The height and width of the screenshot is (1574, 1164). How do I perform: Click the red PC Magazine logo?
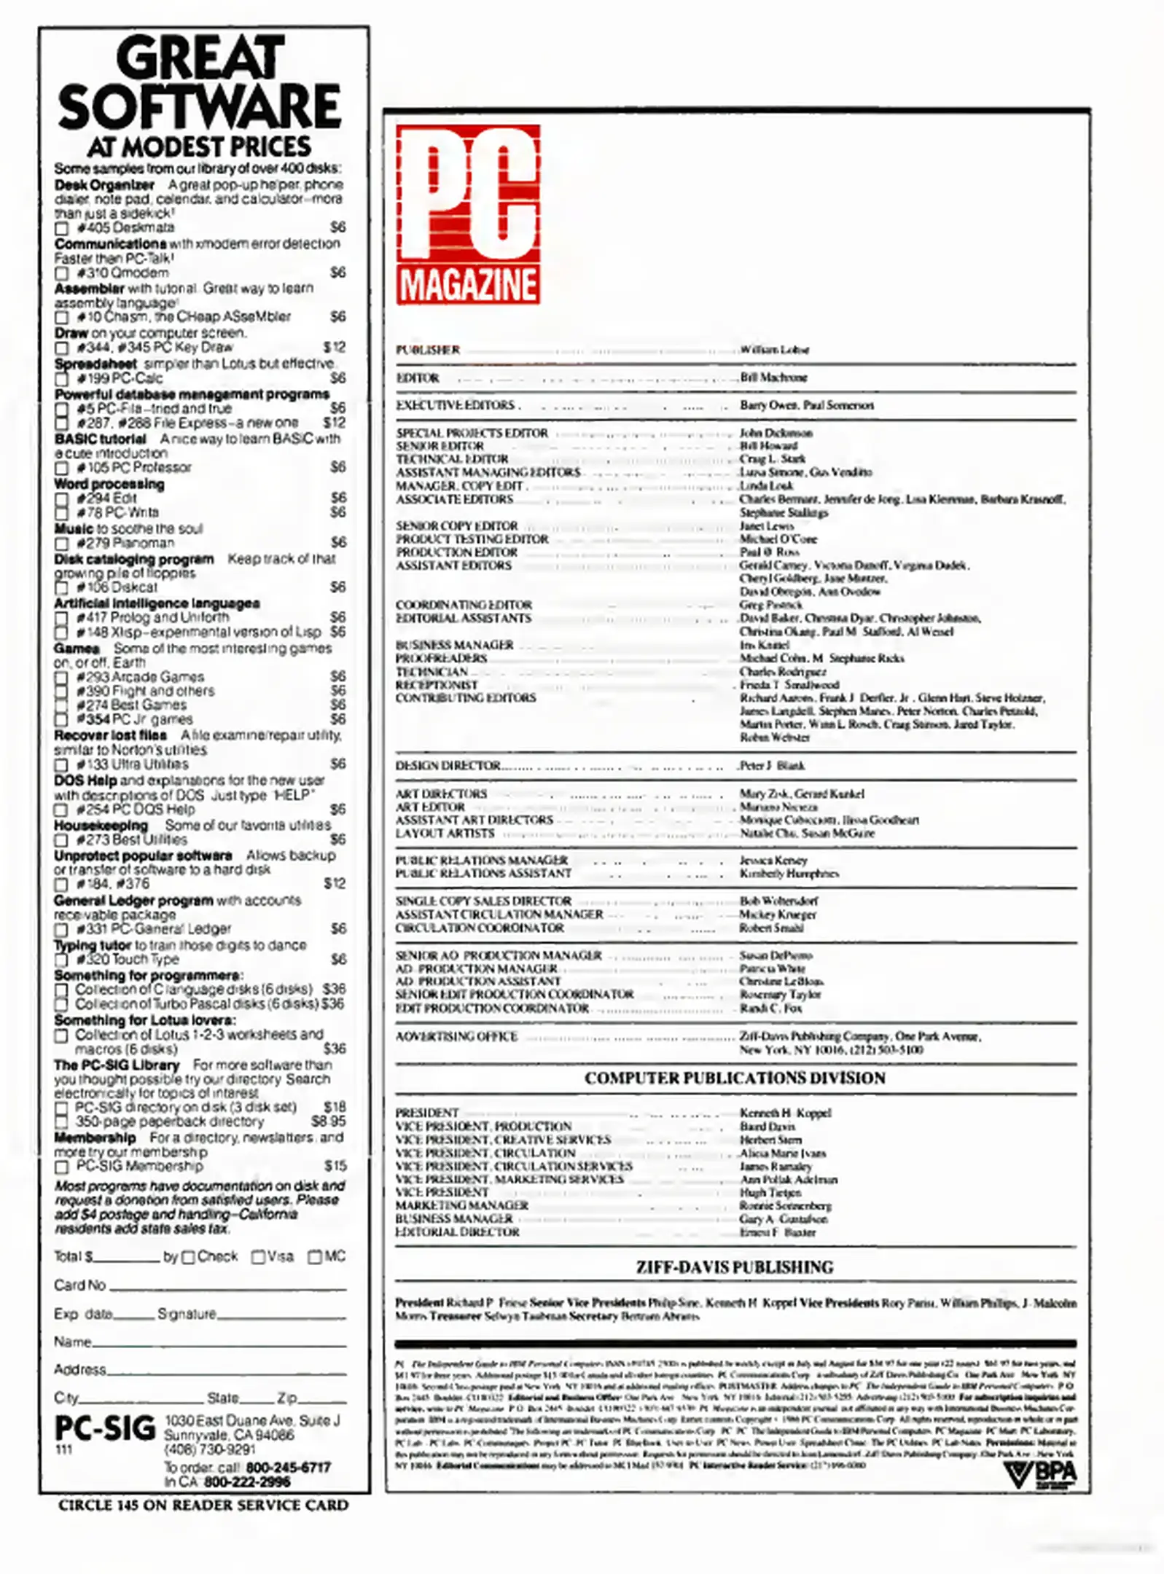(x=468, y=214)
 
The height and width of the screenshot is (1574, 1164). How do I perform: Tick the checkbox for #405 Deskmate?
(x=62, y=229)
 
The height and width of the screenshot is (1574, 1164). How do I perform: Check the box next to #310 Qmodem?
(x=62, y=274)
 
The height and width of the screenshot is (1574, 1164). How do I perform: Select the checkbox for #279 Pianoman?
(x=62, y=544)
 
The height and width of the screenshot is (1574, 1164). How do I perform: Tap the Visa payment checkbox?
(x=258, y=1257)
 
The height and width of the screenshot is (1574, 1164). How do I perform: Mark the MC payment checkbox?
(x=315, y=1257)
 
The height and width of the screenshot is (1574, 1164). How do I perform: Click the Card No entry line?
(x=227, y=1288)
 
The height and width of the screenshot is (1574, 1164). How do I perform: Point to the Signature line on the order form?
(x=281, y=1317)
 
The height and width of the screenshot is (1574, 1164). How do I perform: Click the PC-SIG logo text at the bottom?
(x=105, y=1428)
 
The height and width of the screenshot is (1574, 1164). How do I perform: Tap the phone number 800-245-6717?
(x=289, y=1467)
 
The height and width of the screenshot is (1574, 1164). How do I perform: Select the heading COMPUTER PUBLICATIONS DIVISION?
(x=735, y=1078)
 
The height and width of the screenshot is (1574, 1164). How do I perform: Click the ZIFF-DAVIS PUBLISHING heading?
(x=735, y=1267)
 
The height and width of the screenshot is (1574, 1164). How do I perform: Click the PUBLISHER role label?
(x=428, y=350)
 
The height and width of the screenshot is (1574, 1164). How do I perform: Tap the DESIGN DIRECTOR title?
(x=448, y=766)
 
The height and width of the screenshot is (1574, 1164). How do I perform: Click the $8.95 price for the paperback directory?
(x=329, y=1121)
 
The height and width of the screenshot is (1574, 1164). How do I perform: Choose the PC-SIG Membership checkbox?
(x=62, y=1167)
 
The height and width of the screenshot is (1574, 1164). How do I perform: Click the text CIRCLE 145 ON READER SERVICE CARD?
(x=203, y=1506)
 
